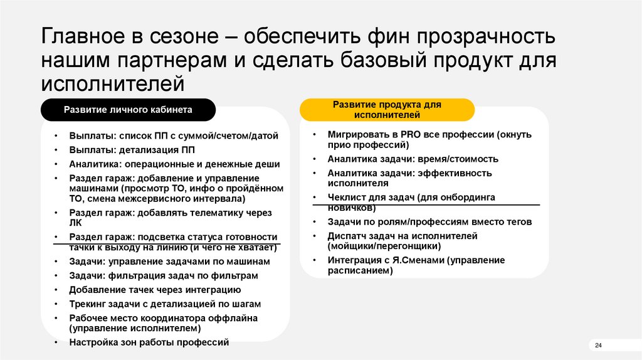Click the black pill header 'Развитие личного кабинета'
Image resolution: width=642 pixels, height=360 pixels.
coord(128,110)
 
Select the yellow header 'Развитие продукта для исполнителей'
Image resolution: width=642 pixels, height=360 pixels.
coord(386,110)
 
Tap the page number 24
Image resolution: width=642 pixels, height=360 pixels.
coord(597,346)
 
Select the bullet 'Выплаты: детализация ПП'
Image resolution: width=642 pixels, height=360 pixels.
coord(132,150)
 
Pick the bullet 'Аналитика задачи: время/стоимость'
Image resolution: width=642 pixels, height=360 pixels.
coord(413,159)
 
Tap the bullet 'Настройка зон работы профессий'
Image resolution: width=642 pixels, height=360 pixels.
coord(149,342)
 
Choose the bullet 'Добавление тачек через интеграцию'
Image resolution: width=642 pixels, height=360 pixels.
coord(155,290)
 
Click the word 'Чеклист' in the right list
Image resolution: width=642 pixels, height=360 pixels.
coord(345,197)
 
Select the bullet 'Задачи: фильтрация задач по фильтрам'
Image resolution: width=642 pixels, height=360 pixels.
coord(164,275)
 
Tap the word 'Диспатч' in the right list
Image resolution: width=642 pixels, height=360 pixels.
coord(346,236)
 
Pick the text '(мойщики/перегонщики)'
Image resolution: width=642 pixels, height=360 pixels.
coord(379,246)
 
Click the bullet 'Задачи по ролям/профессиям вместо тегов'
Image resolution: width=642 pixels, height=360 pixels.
coord(429,221)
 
